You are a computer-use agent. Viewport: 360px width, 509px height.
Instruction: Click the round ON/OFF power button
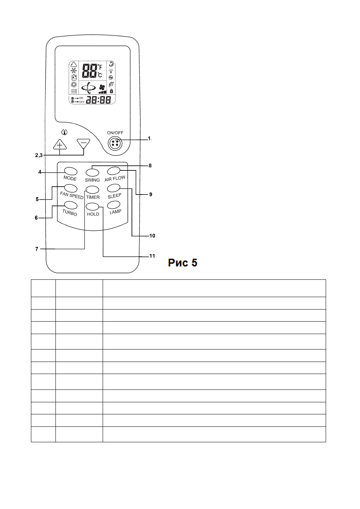(115, 143)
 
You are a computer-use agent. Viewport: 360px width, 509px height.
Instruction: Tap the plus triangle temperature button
(60, 144)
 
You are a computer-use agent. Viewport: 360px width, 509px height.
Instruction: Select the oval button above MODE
(71, 171)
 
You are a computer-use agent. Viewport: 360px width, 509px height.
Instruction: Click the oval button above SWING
(92, 173)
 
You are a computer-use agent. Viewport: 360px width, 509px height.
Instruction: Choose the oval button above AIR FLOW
(114, 171)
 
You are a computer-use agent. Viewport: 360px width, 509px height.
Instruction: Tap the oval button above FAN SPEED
(71, 188)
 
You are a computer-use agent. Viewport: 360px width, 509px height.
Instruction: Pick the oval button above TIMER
(92, 190)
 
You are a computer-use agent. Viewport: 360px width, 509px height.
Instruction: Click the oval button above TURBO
(71, 205)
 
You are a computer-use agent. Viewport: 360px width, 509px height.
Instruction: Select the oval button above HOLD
(92, 207)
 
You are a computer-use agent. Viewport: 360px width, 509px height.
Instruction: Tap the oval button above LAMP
(114, 205)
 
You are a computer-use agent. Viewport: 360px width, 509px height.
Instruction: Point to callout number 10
(152, 236)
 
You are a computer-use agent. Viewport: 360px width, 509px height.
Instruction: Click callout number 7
(37, 249)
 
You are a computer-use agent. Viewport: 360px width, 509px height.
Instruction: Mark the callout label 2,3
(38, 155)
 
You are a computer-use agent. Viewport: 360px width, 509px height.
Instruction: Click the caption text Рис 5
(183, 263)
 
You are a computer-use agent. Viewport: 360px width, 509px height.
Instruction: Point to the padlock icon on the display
(111, 91)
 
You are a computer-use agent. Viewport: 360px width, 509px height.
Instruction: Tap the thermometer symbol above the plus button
(65, 132)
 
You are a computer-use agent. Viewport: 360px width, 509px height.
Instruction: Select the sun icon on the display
(74, 84)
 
